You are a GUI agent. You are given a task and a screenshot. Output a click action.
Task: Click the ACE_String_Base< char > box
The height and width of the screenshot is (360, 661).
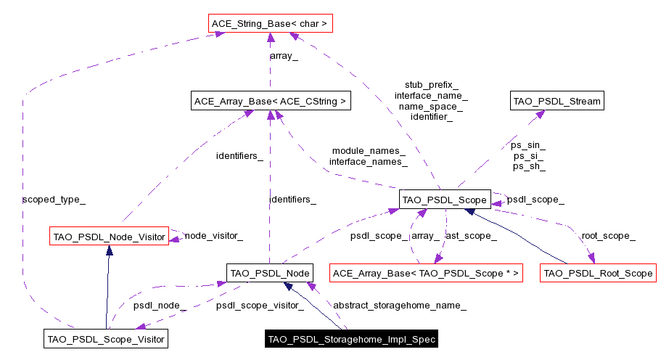[x=270, y=24]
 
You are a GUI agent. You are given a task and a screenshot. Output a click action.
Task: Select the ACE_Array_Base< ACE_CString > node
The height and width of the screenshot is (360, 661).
[x=270, y=101]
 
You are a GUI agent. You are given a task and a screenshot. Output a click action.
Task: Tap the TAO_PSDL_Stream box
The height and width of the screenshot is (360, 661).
[x=557, y=101]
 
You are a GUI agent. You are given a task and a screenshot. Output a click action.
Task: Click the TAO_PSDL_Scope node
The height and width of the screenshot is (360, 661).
[x=445, y=198]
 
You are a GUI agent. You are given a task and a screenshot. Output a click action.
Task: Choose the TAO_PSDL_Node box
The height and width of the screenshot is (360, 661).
[x=269, y=273]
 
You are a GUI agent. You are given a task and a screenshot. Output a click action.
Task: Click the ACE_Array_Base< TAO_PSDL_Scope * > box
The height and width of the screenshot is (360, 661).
[x=426, y=273]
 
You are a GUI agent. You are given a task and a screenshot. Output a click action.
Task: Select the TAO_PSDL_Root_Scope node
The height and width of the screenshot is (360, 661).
[x=598, y=273]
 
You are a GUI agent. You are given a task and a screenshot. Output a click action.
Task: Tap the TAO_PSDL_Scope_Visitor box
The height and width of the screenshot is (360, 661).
[x=106, y=338]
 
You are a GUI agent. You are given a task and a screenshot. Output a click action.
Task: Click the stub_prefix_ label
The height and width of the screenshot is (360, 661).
[x=431, y=85]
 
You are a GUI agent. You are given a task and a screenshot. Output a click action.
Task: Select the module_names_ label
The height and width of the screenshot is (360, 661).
[x=369, y=151]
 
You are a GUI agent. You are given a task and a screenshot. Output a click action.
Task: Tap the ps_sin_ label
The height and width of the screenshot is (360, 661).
[x=529, y=145]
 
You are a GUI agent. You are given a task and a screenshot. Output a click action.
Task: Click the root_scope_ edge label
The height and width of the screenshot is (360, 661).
[x=608, y=236]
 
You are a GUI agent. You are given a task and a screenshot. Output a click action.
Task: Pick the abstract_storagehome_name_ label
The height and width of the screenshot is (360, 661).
[x=399, y=306]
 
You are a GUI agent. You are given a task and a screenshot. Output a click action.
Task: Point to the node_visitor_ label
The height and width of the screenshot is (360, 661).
[x=213, y=236]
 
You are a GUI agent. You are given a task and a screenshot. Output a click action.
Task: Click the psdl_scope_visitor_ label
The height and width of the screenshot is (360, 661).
[x=260, y=306]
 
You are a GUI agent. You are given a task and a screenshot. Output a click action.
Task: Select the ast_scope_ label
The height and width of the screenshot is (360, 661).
[x=471, y=236]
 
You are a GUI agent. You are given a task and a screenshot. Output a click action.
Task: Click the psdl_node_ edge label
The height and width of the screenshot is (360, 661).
[x=160, y=306]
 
